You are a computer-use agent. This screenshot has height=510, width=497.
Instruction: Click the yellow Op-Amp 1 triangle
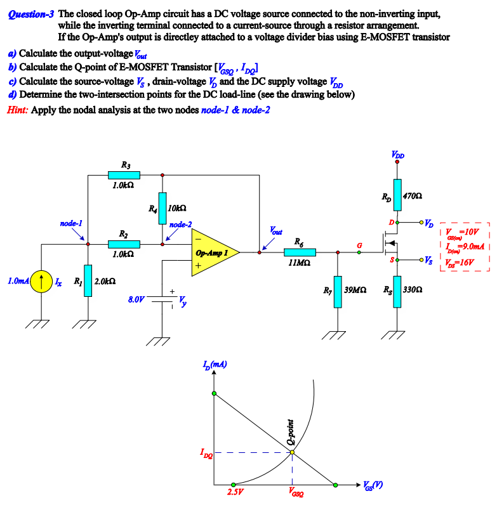213,252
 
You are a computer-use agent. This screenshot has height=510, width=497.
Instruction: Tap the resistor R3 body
124,174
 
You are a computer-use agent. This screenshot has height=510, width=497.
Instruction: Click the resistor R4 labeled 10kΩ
162,208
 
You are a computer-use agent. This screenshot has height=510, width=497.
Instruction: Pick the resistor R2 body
124,244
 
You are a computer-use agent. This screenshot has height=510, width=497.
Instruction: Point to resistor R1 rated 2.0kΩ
88,280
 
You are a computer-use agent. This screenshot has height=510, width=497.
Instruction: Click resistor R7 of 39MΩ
338,292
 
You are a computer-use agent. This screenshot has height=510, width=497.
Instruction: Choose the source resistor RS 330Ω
397,292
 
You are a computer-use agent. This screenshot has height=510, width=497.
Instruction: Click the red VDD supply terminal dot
397,161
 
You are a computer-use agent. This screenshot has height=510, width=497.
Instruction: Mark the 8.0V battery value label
136,297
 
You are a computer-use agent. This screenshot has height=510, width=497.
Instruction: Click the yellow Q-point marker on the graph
292,452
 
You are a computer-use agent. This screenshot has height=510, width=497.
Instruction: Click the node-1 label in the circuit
70,224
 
